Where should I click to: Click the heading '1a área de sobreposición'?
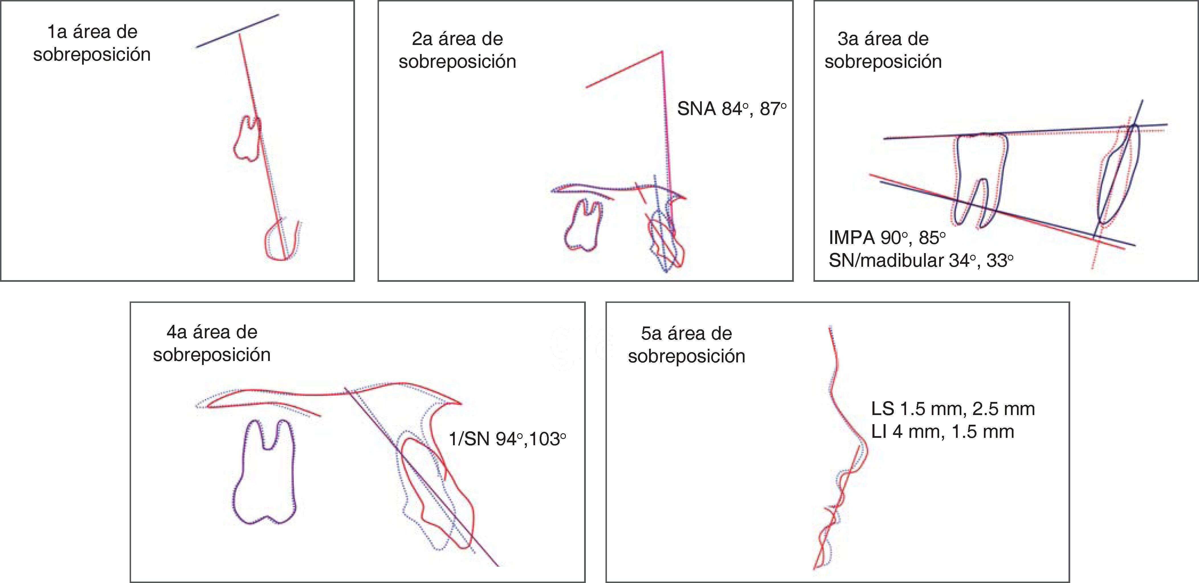(x=92, y=43)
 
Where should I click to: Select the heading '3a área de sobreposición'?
(x=883, y=50)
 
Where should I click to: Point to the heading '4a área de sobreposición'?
(x=212, y=344)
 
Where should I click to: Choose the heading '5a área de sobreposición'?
(x=686, y=345)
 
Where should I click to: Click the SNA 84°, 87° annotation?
(x=731, y=109)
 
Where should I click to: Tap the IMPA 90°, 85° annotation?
(x=887, y=238)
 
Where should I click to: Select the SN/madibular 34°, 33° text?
(x=920, y=261)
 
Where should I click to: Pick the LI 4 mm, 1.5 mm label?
(x=942, y=432)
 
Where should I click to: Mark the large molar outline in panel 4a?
(x=264, y=472)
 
